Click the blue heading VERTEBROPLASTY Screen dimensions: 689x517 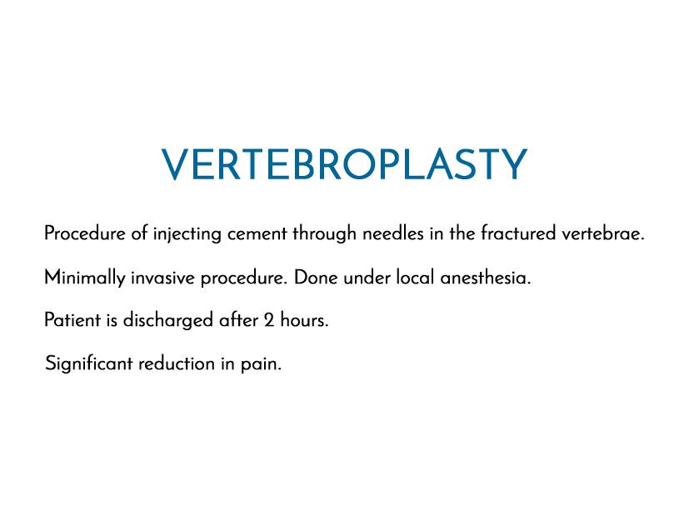click(344, 164)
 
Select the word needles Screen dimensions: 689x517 click(393, 233)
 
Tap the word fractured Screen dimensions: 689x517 click(518, 233)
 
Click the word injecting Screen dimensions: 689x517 click(187, 234)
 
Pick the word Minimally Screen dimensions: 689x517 click(85, 279)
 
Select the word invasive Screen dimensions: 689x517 click(162, 278)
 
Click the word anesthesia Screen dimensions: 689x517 click(486, 278)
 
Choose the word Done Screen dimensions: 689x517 click(316, 278)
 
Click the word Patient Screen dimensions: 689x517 click(72, 320)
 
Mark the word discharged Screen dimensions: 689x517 click(167, 321)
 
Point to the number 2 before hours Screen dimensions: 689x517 click(269, 320)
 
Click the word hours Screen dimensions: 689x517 click(305, 320)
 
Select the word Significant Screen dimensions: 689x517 click(89, 364)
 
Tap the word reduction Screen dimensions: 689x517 click(177, 364)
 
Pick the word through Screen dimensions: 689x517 click(324, 234)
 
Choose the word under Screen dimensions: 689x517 click(367, 278)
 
